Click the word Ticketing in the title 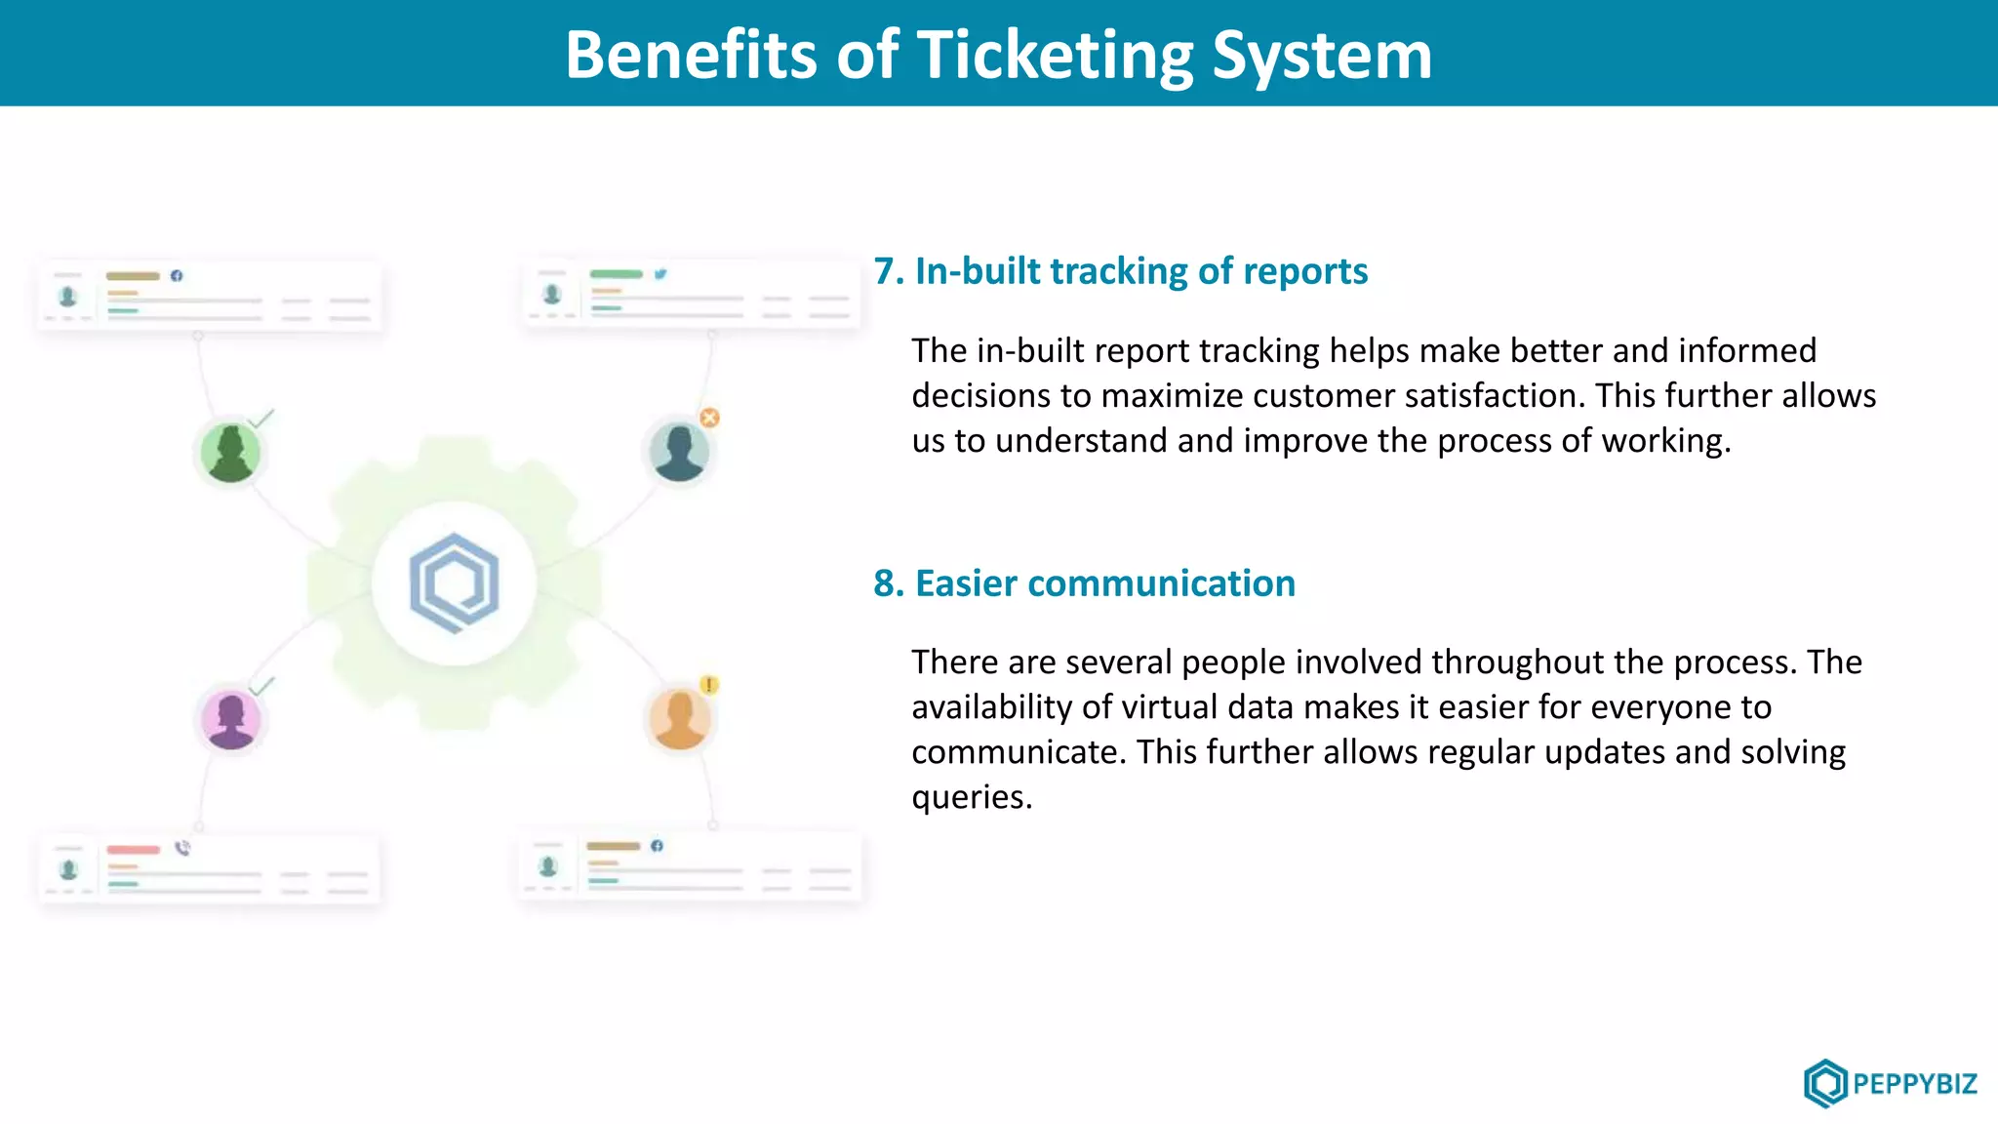pos(1056,55)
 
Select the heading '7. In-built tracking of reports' pos(1121,271)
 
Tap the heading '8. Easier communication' pos(1085,583)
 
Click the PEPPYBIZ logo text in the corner pos(1914,1084)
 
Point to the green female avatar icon pos(230,453)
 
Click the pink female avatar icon pos(231,720)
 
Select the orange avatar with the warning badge pos(679,720)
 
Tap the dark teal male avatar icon pos(679,452)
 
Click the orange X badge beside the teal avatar pos(710,418)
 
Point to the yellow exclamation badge pos(709,685)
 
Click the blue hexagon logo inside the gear pos(454,582)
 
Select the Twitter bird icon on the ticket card pos(660,274)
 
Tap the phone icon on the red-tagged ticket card pos(182,848)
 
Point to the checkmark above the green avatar pos(261,419)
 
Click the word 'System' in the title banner pos(1322,55)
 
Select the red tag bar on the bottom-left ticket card pos(133,850)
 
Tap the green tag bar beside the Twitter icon pos(617,274)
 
